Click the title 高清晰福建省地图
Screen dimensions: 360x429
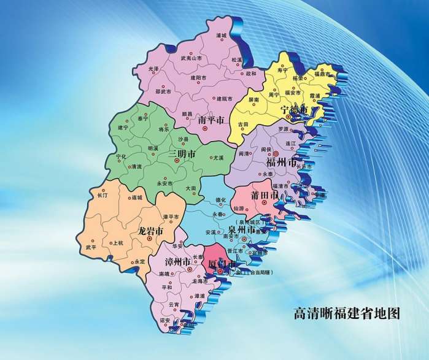pos(347,314)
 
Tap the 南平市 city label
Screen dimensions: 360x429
pos(211,121)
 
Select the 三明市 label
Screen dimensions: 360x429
pos(182,153)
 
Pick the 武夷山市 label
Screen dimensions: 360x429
pos(191,58)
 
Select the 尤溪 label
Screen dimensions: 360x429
pos(218,158)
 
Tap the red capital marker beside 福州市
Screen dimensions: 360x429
pos(276,153)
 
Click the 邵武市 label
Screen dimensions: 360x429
pos(163,91)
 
